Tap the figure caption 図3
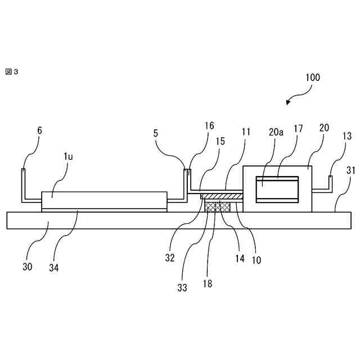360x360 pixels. pos(11,71)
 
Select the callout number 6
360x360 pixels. pos(39,130)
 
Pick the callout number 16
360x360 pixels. pos(209,127)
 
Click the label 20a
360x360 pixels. pos(276,133)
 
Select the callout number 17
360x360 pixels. pos(298,129)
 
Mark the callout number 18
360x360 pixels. pos(208,283)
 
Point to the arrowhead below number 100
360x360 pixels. pos(289,102)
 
